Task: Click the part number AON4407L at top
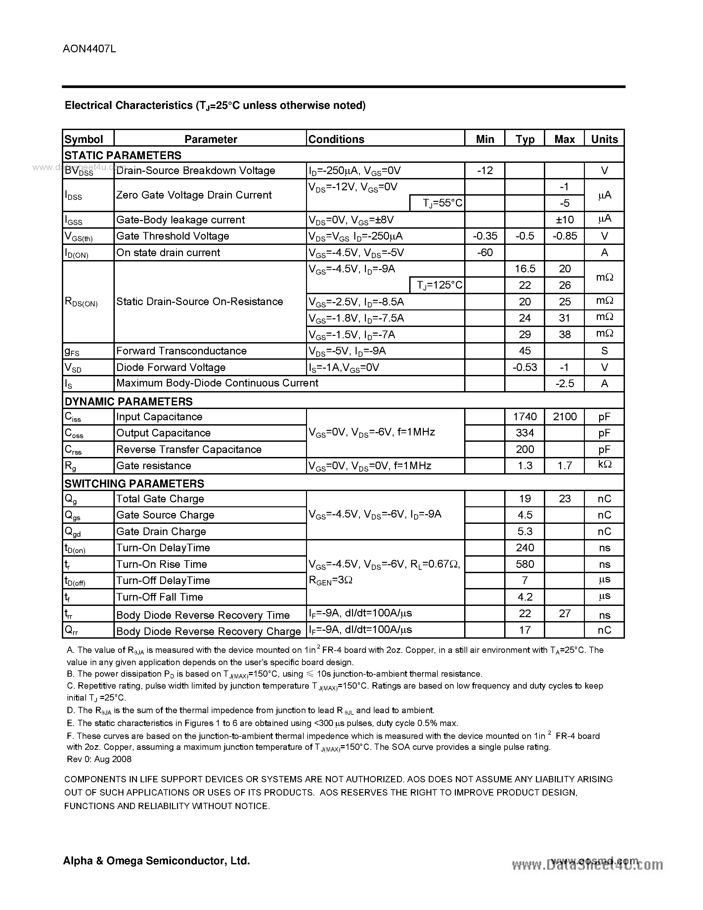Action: pyautogui.click(x=89, y=49)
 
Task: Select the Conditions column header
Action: pyautogui.click(x=336, y=139)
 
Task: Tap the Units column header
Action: pyautogui.click(x=604, y=139)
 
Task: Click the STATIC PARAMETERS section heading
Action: pyautogui.click(x=123, y=156)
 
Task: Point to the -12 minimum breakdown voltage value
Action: pyautogui.click(x=485, y=170)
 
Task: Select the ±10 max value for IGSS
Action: pyautogui.click(x=564, y=220)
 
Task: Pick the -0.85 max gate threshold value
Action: pyautogui.click(x=564, y=236)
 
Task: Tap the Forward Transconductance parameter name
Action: pyautogui.click(x=182, y=351)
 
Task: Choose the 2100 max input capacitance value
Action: pyautogui.click(x=564, y=416)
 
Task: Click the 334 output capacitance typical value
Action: pyautogui.click(x=525, y=432)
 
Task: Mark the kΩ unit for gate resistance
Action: pyautogui.click(x=604, y=465)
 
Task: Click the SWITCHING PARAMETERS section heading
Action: pyautogui.click(x=134, y=483)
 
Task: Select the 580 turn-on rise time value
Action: pyautogui.click(x=525, y=564)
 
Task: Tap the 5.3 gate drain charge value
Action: pyautogui.click(x=525, y=531)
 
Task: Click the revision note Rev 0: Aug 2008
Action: pyautogui.click(x=99, y=759)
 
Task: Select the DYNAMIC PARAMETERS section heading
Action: pyautogui.click(x=128, y=401)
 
